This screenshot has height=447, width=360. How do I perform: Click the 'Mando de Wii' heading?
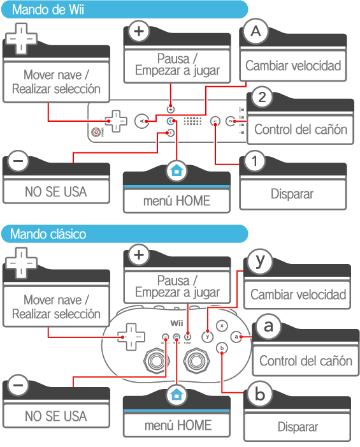coord(48,10)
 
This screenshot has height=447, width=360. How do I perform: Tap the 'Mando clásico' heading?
coord(48,234)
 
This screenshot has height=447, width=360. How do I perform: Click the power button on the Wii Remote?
coord(96,132)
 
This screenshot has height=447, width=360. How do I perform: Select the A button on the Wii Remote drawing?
coord(142,122)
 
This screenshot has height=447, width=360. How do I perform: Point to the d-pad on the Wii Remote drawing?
coord(115,121)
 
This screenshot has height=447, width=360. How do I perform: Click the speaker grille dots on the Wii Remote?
coord(192,121)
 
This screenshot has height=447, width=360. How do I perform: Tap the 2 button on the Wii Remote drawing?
coord(231,121)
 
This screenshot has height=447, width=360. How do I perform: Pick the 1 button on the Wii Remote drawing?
coord(215,121)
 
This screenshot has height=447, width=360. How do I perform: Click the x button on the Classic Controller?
coord(222,326)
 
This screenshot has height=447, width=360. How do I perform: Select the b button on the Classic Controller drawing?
coord(222,348)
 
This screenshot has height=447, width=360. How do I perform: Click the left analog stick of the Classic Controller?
coord(157,361)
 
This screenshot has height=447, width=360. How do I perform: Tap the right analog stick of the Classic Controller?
coord(196,361)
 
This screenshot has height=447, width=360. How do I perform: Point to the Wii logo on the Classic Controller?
coord(176,323)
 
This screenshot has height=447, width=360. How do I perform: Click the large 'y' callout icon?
coord(260,261)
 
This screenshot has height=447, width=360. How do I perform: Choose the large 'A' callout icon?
coord(256,31)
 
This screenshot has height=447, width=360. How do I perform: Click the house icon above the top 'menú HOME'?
coord(176,170)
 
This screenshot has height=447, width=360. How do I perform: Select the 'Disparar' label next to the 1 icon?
coord(292,194)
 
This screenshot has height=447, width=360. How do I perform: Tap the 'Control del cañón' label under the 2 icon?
coord(301,129)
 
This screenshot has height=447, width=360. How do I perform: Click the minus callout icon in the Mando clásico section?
coord(18,385)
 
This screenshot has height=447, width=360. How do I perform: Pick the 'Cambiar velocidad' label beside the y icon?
coord(298,295)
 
